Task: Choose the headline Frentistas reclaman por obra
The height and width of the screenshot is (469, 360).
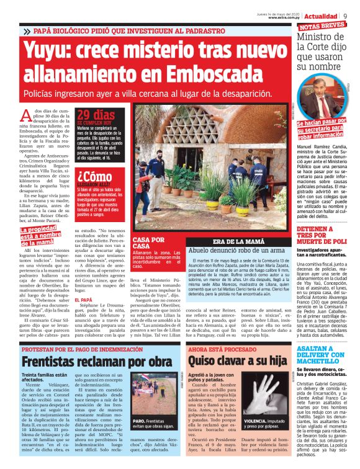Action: click(x=88, y=360)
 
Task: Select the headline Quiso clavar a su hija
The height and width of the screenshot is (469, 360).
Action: click(x=229, y=360)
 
